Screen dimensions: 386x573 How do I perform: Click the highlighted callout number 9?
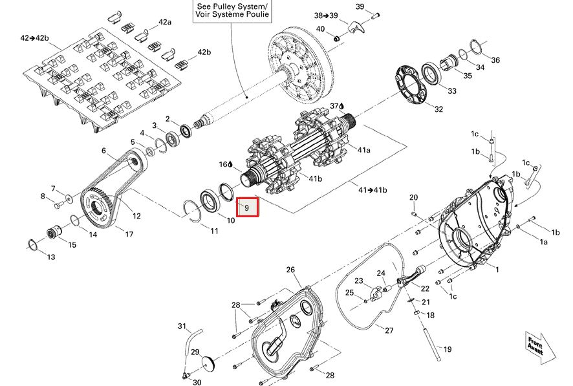click(x=247, y=207)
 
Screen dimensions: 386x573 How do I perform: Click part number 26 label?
click(x=290, y=270)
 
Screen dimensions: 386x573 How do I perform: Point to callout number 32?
click(x=438, y=109)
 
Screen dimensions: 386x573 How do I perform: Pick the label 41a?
click(x=364, y=150)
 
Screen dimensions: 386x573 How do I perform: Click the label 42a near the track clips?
click(x=165, y=22)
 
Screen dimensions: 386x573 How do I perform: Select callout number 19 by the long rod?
click(x=448, y=350)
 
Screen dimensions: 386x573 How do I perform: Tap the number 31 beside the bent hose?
click(x=182, y=326)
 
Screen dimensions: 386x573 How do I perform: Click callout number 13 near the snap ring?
click(x=50, y=257)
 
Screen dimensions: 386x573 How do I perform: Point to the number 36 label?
click(x=495, y=60)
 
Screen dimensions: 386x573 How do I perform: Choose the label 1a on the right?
click(x=544, y=242)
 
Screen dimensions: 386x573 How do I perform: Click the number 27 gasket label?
click(x=389, y=330)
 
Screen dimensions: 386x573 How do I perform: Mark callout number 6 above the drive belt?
click(x=103, y=151)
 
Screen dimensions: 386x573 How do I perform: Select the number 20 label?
click(x=414, y=197)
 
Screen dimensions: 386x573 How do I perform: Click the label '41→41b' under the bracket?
click(x=373, y=189)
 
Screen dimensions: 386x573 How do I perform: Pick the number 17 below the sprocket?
click(x=129, y=233)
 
